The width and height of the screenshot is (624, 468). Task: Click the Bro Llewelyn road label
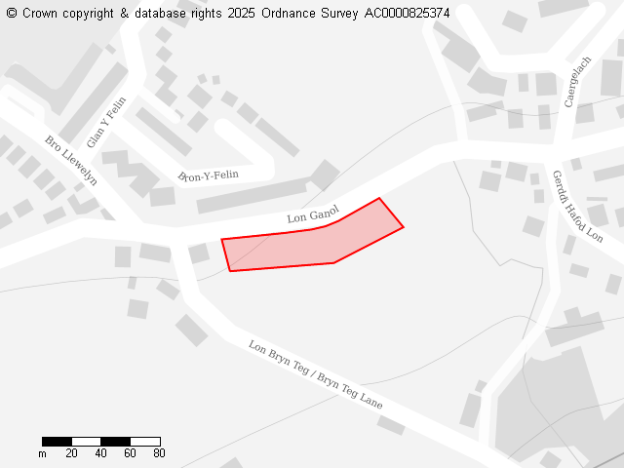point(71,160)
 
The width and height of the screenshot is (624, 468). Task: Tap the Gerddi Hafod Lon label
point(577,206)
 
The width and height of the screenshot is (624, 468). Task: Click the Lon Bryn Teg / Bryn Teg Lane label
point(315,374)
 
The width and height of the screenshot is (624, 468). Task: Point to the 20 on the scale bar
point(72,453)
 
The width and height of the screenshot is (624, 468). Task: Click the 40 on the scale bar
point(101,453)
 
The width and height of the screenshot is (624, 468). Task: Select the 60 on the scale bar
point(131,453)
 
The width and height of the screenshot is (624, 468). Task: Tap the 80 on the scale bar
point(159,453)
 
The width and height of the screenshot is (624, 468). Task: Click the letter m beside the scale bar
point(42,453)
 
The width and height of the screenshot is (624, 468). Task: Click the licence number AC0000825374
point(407,14)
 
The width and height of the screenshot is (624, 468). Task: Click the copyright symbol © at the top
point(11,14)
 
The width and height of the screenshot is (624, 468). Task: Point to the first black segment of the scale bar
point(57,442)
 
